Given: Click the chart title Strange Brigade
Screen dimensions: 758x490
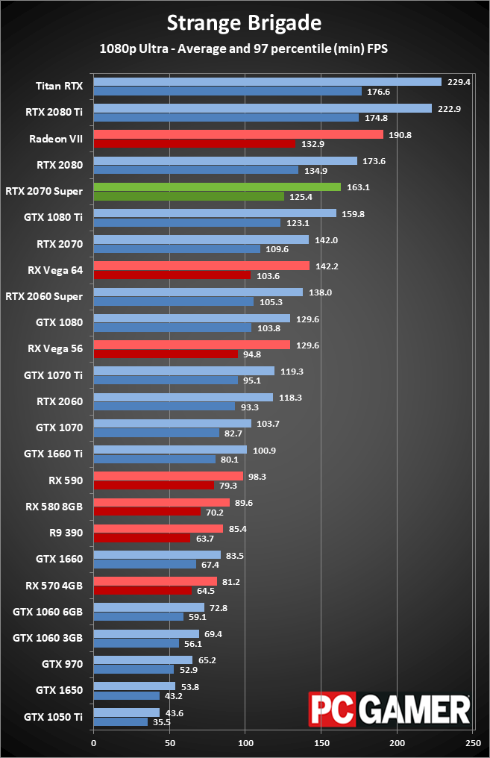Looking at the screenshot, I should tap(244, 23).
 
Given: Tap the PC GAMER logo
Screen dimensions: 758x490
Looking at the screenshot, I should tap(390, 710).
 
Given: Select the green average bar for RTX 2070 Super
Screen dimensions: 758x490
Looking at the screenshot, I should tap(216, 187).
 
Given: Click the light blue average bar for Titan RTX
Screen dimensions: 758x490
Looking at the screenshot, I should tap(267, 82).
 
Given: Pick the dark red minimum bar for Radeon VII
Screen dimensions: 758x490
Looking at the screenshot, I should tap(194, 143).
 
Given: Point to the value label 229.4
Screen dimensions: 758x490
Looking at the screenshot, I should tap(459, 82).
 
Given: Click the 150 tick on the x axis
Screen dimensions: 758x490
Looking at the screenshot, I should tap(321, 743).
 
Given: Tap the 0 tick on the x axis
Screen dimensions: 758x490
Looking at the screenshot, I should tap(93, 743).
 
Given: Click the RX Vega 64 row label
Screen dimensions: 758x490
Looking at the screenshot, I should tap(54, 269).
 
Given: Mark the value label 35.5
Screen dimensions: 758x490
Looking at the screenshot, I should tap(161, 722).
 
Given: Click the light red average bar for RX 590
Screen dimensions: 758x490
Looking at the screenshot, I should tap(168, 476).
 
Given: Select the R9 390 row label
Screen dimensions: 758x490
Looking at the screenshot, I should tap(65, 533).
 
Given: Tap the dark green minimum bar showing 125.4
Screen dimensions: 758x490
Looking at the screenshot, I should tap(188, 196).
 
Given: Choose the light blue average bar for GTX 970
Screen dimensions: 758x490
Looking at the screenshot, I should tap(142, 660).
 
